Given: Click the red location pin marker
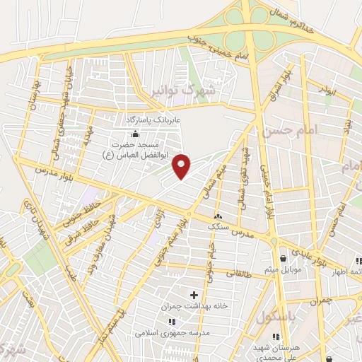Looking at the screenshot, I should [182, 166].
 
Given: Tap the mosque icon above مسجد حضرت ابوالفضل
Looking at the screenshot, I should [135, 135].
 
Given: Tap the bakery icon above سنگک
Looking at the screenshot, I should [217, 216].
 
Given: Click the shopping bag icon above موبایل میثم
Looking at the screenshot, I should [284, 258].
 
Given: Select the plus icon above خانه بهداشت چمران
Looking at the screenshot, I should [194, 293].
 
